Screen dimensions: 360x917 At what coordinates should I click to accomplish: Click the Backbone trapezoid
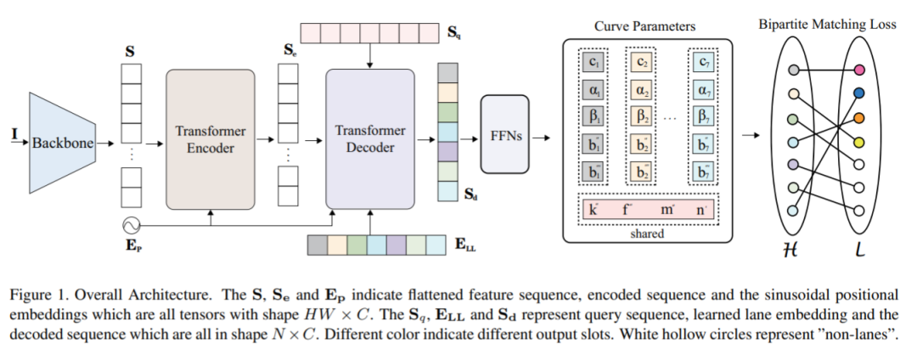click(64, 142)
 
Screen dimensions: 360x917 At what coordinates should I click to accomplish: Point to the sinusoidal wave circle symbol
click(130, 226)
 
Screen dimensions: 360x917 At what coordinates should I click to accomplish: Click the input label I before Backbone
click(13, 133)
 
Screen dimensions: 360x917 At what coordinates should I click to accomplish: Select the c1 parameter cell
click(593, 62)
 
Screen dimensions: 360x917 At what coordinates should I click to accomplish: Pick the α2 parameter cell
click(643, 89)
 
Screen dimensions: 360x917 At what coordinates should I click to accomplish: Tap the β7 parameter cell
click(702, 115)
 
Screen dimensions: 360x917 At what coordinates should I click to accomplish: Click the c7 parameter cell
click(702, 62)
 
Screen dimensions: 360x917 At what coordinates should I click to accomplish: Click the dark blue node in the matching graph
click(859, 93)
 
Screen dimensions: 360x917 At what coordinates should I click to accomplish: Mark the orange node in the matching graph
click(859, 117)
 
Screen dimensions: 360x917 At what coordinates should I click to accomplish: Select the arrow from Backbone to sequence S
click(106, 142)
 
